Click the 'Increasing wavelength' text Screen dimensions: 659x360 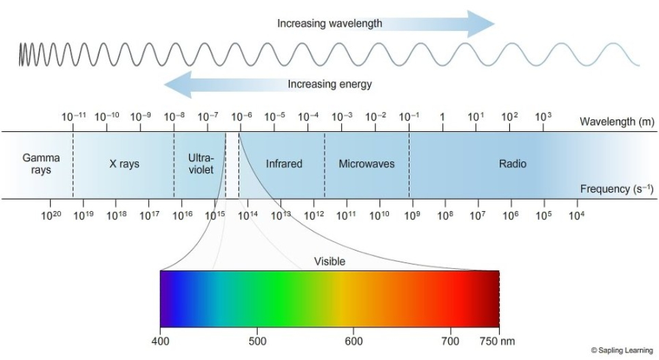point(329,23)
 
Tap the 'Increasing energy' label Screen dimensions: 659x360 point(329,84)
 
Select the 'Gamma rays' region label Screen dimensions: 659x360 point(41,164)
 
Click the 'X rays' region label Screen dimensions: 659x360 point(124,164)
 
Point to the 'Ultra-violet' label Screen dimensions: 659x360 point(201,164)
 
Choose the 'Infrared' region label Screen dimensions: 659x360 point(284,163)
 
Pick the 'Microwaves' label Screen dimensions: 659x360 point(366,163)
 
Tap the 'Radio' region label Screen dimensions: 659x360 point(512,163)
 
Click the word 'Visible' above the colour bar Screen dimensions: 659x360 point(329,261)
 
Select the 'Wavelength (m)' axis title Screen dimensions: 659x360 point(617,122)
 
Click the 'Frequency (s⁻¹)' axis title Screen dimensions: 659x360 point(617,189)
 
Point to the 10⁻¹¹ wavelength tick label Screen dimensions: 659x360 point(74,116)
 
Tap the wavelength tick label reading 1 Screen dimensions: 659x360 point(442,117)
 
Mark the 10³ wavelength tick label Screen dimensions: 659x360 point(543,116)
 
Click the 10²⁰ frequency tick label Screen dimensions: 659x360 point(51,215)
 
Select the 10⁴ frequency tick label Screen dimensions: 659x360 point(577,215)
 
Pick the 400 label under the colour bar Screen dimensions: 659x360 point(160,341)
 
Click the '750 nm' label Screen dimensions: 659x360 point(497,341)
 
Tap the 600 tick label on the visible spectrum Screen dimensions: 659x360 point(353,341)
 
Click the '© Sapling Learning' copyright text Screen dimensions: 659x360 point(622,350)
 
